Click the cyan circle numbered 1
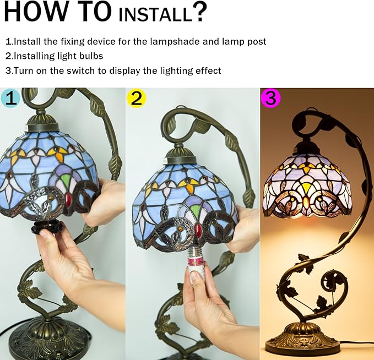[10, 98]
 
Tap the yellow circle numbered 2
[136, 98]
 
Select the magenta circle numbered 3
[270, 98]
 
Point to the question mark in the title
[199, 12]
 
